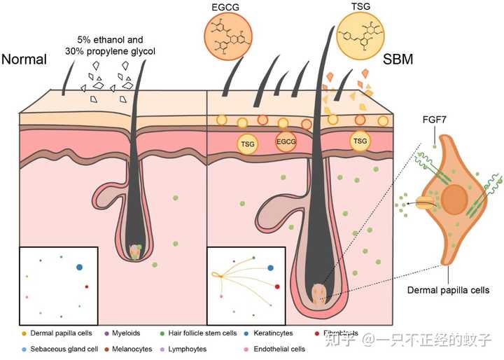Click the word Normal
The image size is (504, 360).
coord(24,60)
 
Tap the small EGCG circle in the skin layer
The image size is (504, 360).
coord(286,141)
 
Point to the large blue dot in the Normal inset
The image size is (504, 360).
coord(78,267)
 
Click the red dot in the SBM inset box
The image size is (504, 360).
coord(277,286)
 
